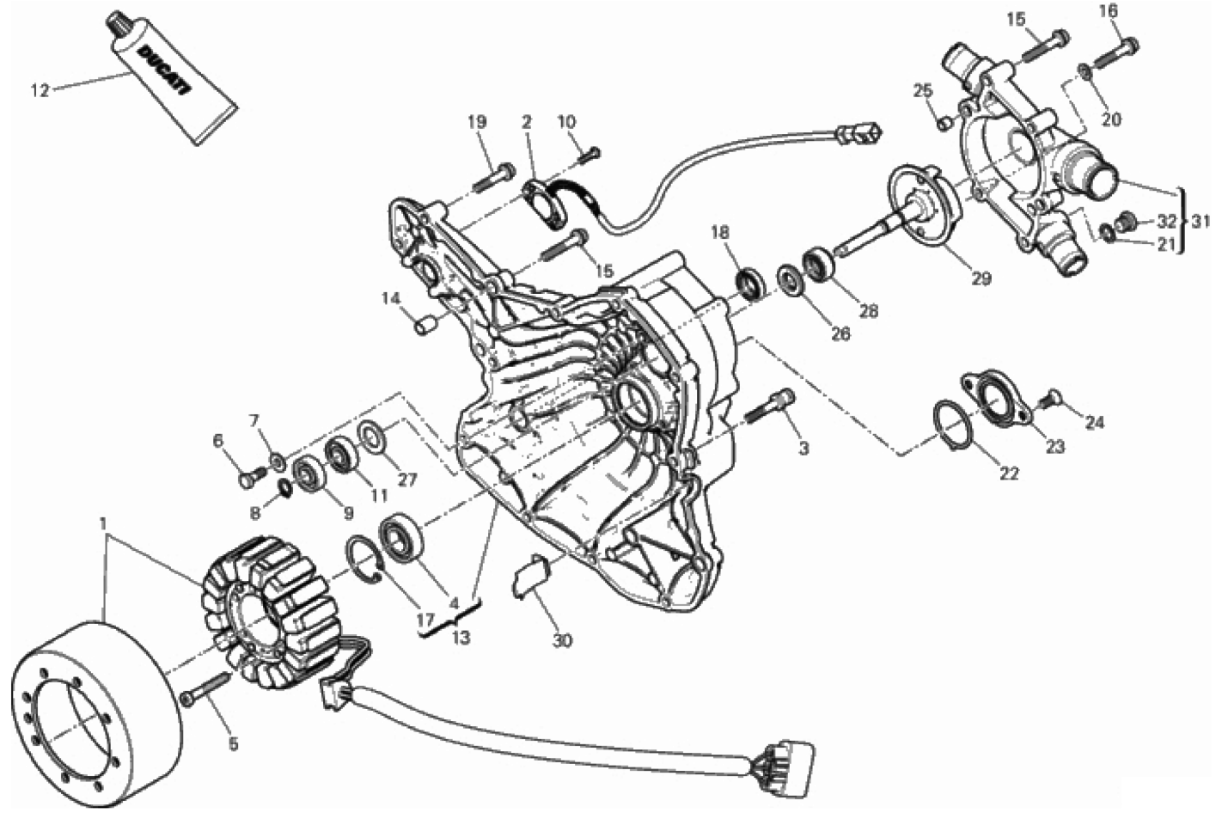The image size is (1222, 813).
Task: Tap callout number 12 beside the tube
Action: pyautogui.click(x=40, y=90)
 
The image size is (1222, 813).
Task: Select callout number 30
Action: pyautogui.click(x=563, y=640)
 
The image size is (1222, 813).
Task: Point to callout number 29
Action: pyautogui.click(x=981, y=278)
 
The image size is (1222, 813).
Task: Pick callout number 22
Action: pyautogui.click(x=1008, y=474)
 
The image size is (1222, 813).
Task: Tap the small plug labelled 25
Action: pyautogui.click(x=944, y=124)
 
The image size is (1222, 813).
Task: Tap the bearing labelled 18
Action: pyautogui.click(x=751, y=284)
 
